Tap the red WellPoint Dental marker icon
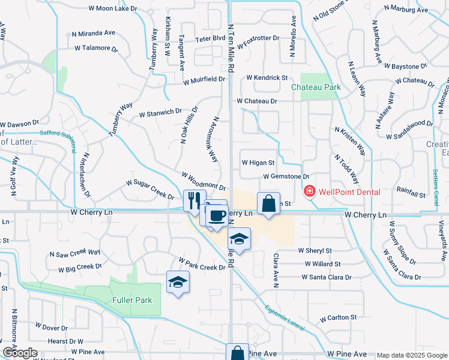point(310,192)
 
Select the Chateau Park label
point(316,87)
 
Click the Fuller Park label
point(132,300)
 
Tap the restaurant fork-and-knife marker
point(193,200)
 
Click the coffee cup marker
point(217,215)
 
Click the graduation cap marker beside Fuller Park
point(178,282)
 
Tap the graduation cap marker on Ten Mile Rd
point(239,238)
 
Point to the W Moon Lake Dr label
point(112,8)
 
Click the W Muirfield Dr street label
point(205,79)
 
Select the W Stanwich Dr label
point(160,112)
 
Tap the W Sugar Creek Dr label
point(150,189)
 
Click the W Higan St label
point(258,162)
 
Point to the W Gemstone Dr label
point(286,176)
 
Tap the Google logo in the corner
point(20,353)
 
